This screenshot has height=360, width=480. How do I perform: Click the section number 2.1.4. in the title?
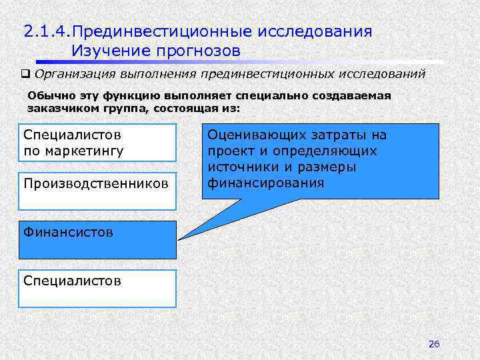(x=49, y=31)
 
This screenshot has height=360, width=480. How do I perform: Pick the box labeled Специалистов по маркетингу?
(x=97, y=142)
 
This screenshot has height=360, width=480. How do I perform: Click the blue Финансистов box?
(x=97, y=239)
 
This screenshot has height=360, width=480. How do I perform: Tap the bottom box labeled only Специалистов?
(x=97, y=288)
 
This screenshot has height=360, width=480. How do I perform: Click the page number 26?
(x=434, y=344)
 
